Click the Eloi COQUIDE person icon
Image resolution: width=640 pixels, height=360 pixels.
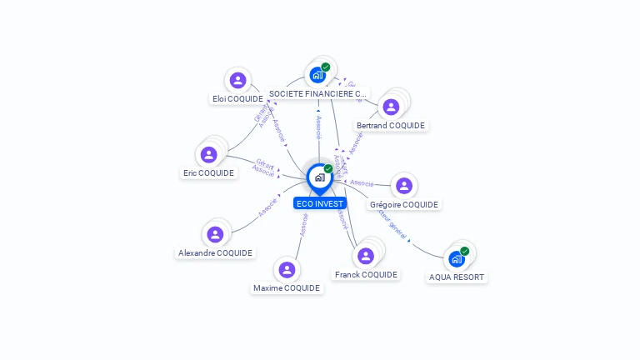[x=237, y=80]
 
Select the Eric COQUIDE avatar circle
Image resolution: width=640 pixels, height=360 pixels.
[x=209, y=154]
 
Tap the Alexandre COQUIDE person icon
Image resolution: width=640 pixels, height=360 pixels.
[x=215, y=234]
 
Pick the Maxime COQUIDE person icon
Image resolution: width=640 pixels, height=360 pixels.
[x=287, y=269]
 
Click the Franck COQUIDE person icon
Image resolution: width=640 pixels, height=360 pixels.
[x=365, y=256]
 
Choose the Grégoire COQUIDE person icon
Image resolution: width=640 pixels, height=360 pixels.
[x=403, y=186]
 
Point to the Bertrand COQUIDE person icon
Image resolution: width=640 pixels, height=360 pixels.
[x=390, y=107]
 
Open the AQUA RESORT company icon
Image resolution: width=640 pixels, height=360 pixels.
[x=456, y=259]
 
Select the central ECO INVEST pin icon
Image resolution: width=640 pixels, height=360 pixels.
[x=319, y=177]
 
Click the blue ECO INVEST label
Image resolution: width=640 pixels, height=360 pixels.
[x=319, y=203]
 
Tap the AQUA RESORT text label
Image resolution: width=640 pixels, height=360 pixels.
[x=457, y=277]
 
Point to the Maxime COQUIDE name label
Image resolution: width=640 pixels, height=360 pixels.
[x=287, y=288]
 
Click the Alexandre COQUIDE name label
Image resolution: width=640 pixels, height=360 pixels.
[x=215, y=252]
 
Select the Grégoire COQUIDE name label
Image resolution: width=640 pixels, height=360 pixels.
[x=404, y=204]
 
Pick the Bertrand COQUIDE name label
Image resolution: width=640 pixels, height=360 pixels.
[x=391, y=126]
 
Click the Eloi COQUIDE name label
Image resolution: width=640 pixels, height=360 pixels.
[x=237, y=98]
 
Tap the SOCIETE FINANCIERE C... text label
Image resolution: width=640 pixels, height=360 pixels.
[x=317, y=94]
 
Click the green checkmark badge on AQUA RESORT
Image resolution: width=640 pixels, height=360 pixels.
[x=465, y=251]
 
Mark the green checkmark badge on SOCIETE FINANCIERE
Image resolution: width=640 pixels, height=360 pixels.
[x=326, y=67]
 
